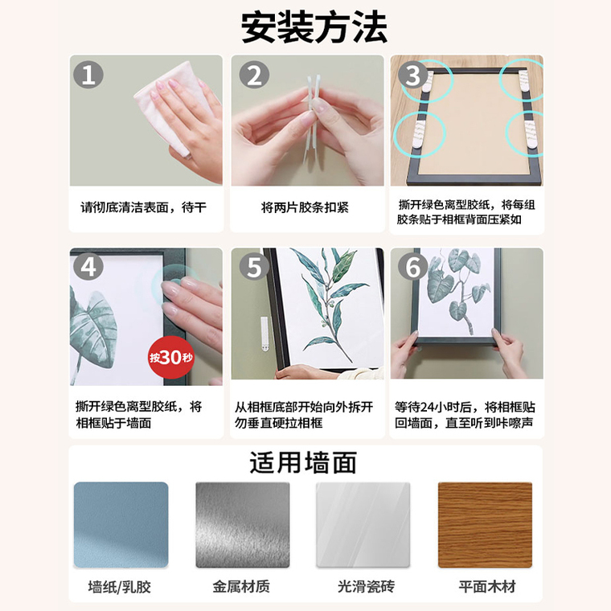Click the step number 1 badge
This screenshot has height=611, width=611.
pos(88,75)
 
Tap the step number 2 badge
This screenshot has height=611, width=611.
pos(254,75)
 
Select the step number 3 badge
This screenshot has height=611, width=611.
pos(413,75)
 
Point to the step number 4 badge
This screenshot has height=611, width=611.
pos(88,267)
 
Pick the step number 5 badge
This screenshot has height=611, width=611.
pos(254,267)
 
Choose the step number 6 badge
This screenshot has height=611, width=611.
pos(413,267)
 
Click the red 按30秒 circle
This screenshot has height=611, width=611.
pos(171,357)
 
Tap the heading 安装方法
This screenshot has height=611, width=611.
pos(314,27)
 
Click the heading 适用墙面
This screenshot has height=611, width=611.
pos(303,462)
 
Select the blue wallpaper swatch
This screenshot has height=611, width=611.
pos(121,525)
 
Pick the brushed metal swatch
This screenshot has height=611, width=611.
pos(242,525)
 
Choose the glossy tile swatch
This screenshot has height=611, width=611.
pos(363,525)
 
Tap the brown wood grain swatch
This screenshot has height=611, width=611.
pos(485,525)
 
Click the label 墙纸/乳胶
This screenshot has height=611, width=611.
pos(120,586)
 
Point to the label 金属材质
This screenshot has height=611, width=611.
pos(241,586)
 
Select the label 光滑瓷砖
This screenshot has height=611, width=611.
pos(367,586)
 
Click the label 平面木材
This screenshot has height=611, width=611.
pos(487,586)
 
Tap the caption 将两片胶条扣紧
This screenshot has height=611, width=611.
pos(305,207)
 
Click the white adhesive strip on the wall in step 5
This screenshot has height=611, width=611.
pos(264,334)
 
